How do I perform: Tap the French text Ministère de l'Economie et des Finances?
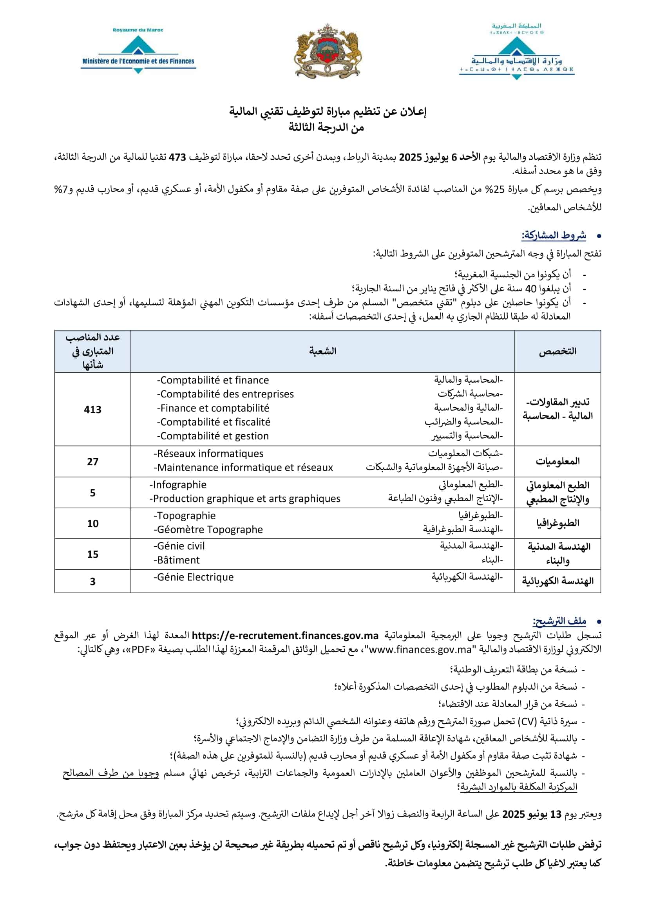[138, 61]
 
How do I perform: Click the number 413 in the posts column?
[92, 409]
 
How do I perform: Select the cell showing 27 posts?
[92, 462]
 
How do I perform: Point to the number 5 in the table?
[92, 493]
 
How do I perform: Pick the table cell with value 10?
[92, 524]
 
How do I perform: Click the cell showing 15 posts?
[92, 554]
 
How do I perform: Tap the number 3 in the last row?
[92, 581]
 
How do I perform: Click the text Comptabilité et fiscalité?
[214, 422]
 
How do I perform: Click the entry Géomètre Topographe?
[208, 529]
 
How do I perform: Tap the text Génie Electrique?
[194, 577]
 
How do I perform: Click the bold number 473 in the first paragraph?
[177, 157]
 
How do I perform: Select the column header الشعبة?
[322, 351]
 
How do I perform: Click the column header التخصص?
[557, 351]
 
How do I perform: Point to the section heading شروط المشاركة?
[554, 235]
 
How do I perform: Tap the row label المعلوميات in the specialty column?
[557, 462]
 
